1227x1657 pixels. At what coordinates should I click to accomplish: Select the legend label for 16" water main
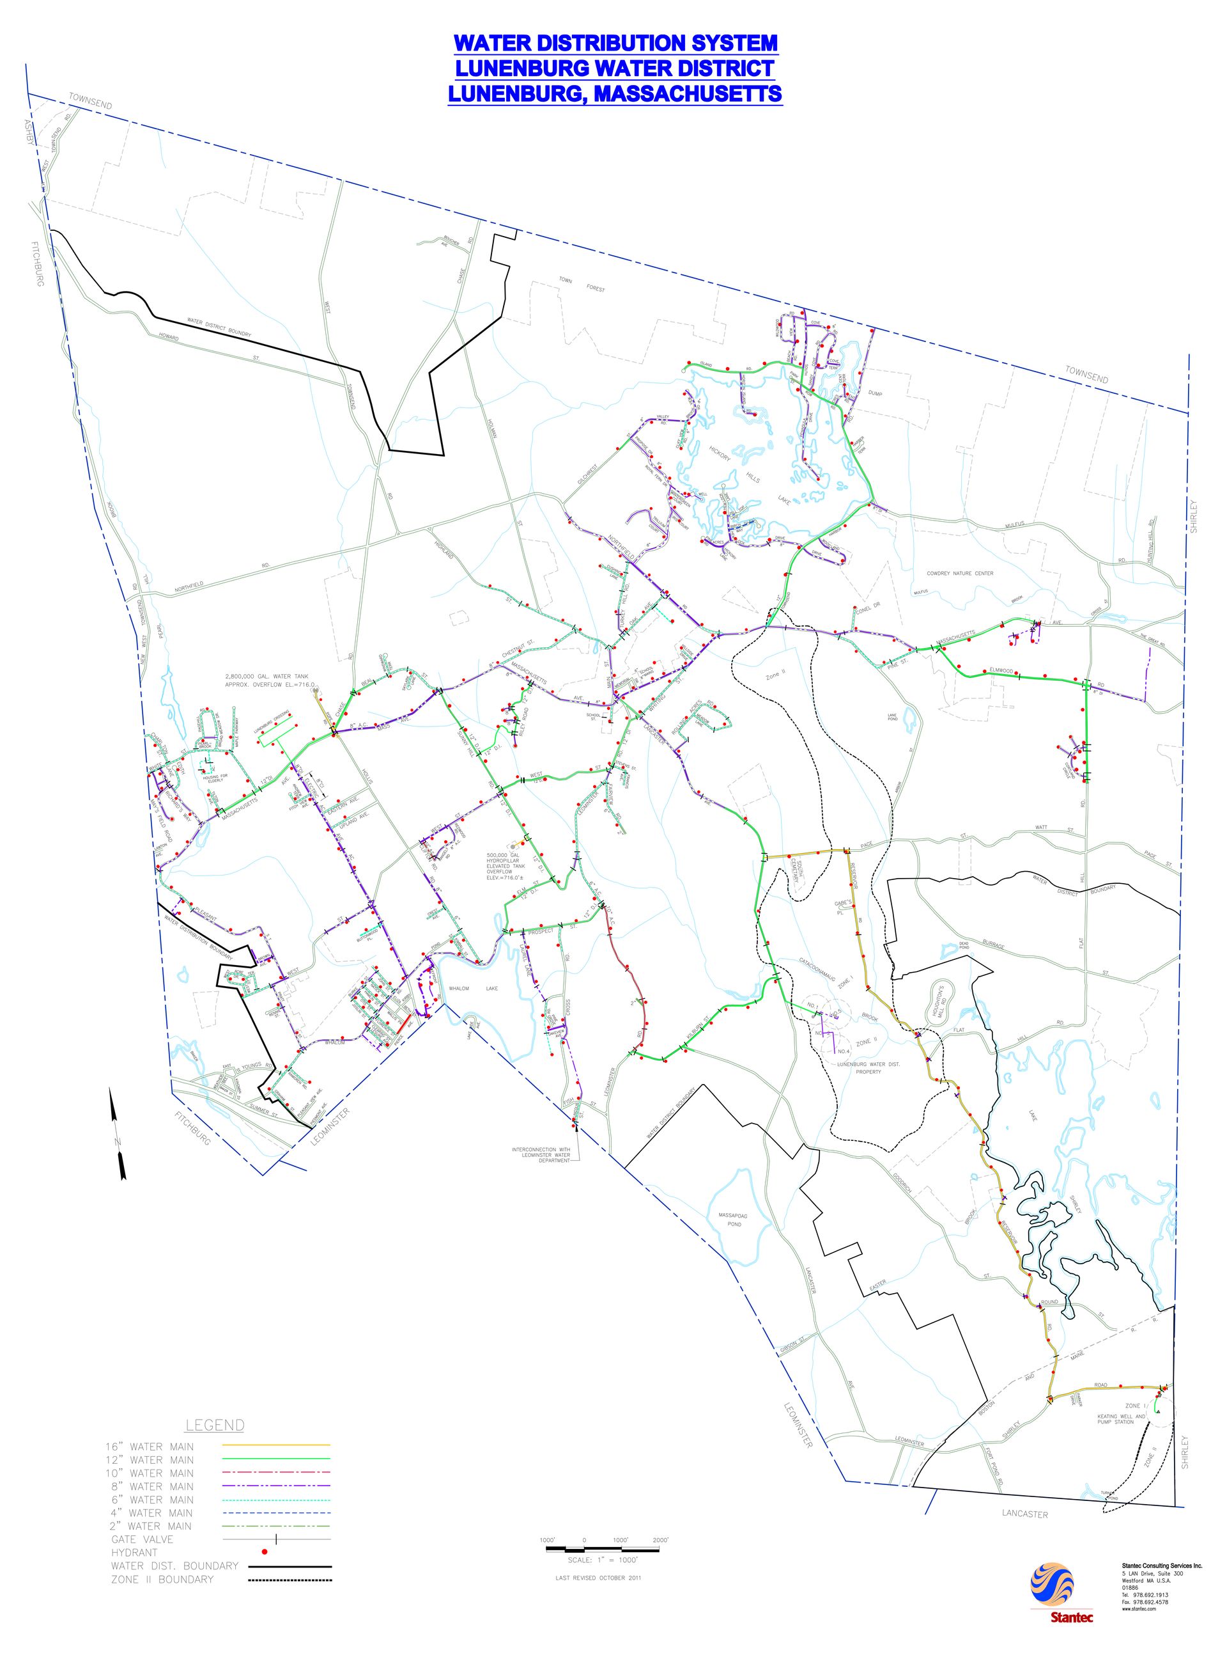(150, 1446)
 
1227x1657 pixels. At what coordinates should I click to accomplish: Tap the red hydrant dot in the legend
(265, 1551)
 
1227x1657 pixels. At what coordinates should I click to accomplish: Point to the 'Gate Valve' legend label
(142, 1538)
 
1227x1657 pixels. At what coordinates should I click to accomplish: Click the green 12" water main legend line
(275, 1459)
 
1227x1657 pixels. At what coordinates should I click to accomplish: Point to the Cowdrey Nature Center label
(960, 573)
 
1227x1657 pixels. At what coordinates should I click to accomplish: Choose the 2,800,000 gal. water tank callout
(270, 680)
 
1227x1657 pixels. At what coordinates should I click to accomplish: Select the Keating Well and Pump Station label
(1121, 1419)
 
